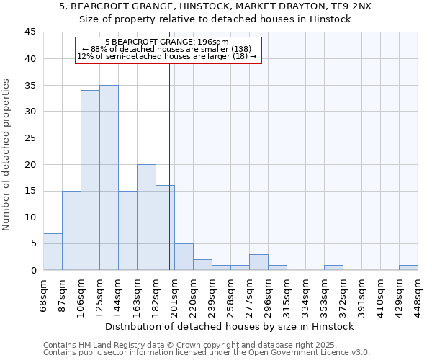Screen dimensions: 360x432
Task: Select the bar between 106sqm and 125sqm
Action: click(x=90, y=180)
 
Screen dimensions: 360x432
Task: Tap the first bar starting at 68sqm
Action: click(x=53, y=251)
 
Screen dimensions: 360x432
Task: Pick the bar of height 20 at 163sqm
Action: click(x=146, y=217)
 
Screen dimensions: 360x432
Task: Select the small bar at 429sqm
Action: click(x=408, y=267)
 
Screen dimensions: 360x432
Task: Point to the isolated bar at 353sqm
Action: click(x=333, y=267)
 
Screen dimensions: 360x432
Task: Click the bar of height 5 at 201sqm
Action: click(x=184, y=257)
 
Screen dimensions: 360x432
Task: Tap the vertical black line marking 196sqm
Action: click(x=169, y=166)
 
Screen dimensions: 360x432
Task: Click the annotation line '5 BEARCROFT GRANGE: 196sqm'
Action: click(x=166, y=42)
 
